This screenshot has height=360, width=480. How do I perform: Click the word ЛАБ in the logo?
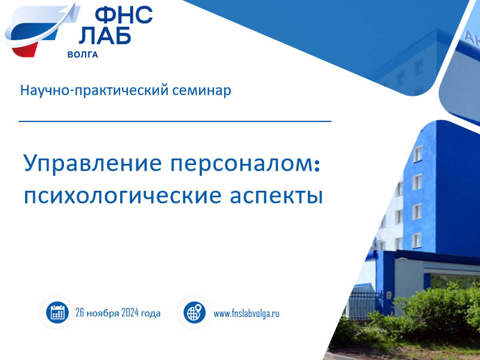[x=105, y=35]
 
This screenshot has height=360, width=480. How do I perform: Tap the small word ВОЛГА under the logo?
[x=82, y=55]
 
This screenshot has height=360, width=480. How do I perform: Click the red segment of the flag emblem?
[x=25, y=49]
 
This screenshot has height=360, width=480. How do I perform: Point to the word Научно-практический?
[x=94, y=91]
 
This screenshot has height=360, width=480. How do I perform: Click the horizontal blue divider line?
[x=175, y=121]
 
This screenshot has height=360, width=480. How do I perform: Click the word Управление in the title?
[x=93, y=164]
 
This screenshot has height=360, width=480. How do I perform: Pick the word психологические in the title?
[x=123, y=196]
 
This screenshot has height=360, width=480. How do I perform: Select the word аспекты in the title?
[x=276, y=196]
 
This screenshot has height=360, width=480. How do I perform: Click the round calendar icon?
[x=57, y=313]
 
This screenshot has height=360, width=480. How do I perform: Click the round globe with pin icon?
[x=194, y=313]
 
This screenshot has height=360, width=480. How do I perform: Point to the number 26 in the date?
[x=80, y=313]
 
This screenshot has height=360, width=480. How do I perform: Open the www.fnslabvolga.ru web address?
[x=246, y=314]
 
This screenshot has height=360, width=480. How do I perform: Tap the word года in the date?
[x=151, y=313]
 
